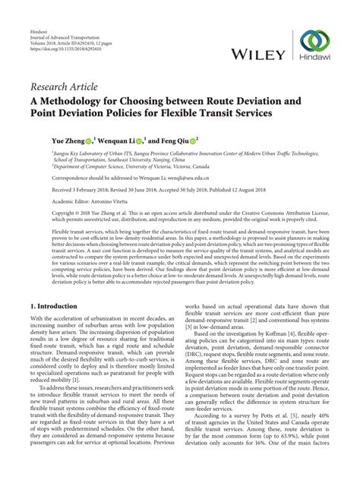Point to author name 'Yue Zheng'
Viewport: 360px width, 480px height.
(x=58, y=141)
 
